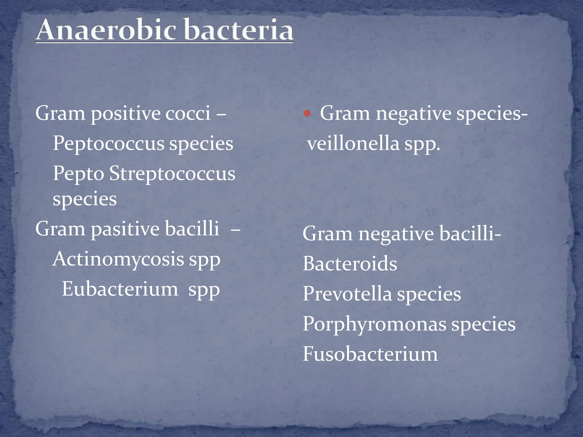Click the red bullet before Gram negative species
pos(307,114)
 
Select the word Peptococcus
pos(108,143)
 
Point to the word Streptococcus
pos(172,174)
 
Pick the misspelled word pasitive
pos(125,229)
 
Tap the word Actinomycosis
pos(118,259)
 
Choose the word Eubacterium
pos(120,289)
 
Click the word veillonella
pos(353,143)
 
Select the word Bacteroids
pos(350,263)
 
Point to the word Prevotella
pos(347,294)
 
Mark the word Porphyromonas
pos(374,324)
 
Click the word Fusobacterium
pos(370,354)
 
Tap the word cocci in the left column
pos(188,113)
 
